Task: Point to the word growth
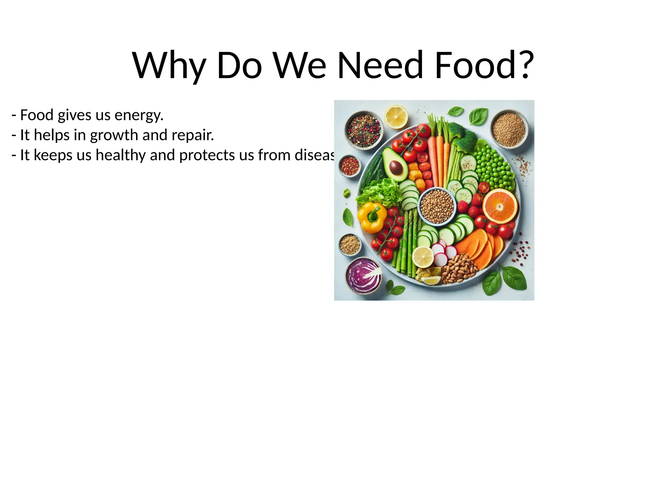click(114, 135)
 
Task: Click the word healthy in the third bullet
click(120, 155)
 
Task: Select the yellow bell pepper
click(372, 217)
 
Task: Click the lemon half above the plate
click(396, 116)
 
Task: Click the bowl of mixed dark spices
click(364, 130)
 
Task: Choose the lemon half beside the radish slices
click(423, 257)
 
